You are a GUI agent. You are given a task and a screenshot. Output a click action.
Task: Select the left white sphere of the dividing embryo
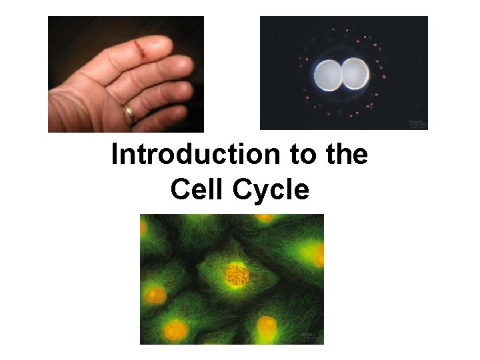328,74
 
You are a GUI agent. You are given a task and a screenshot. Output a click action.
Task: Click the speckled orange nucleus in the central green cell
237,274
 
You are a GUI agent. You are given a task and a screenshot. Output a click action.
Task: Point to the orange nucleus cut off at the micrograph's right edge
319,254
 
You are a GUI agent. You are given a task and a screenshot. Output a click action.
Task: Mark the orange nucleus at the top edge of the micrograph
265,217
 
